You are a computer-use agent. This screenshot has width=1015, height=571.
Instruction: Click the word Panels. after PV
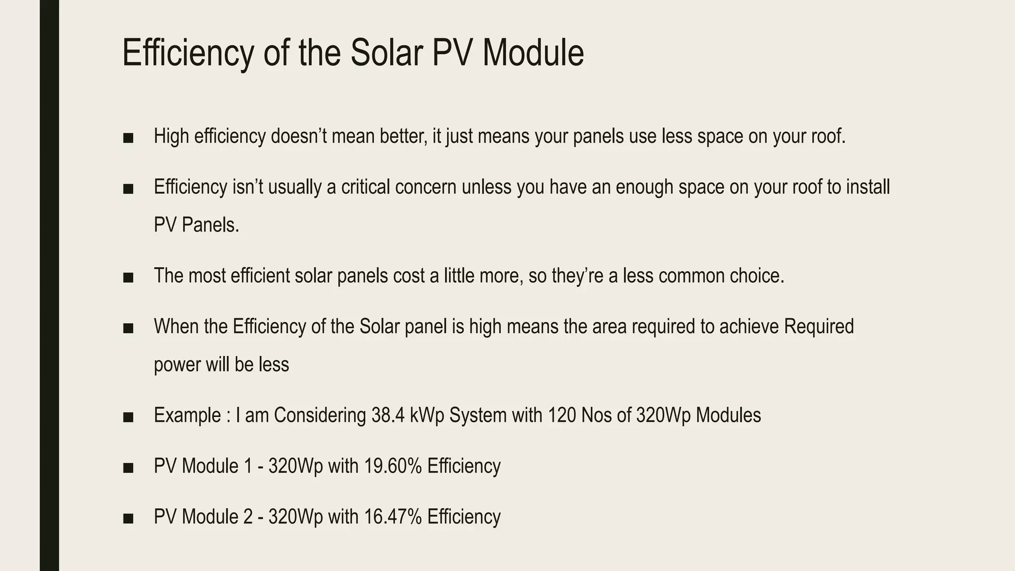pos(210,226)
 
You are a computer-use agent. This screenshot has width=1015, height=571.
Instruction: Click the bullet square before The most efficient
pos(128,278)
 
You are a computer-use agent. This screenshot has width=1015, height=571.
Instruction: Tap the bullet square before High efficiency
pos(128,138)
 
